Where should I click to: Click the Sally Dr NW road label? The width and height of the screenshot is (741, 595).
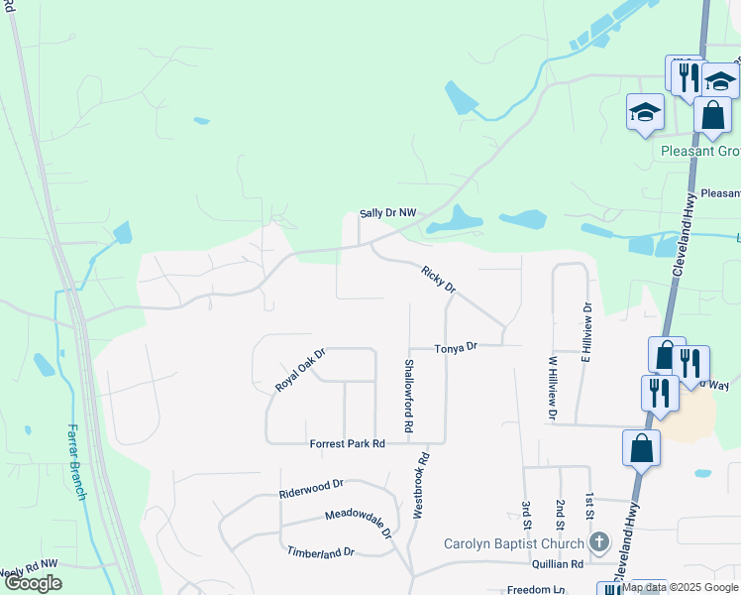pyautogui.click(x=389, y=213)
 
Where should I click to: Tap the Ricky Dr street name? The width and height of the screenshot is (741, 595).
pyautogui.click(x=437, y=279)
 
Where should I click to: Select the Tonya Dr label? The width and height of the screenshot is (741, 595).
pyautogui.click(x=457, y=346)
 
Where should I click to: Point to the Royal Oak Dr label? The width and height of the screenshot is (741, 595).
pyautogui.click(x=300, y=370)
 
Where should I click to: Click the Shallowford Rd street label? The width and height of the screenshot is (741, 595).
pyautogui.click(x=407, y=394)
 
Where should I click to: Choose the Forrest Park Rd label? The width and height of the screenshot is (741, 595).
pyautogui.click(x=347, y=443)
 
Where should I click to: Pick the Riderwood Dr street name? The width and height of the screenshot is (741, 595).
pyautogui.click(x=311, y=484)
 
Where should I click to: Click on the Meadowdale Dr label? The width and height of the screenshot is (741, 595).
pyautogui.click(x=359, y=523)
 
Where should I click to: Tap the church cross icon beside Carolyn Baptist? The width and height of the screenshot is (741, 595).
pyautogui.click(x=597, y=541)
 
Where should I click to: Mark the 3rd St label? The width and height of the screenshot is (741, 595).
pyautogui.click(x=525, y=509)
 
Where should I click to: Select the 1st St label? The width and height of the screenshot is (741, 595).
pyautogui.click(x=589, y=505)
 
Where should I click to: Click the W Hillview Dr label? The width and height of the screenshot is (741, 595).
pyautogui.click(x=553, y=388)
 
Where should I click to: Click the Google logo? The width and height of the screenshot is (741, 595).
pyautogui.click(x=32, y=583)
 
